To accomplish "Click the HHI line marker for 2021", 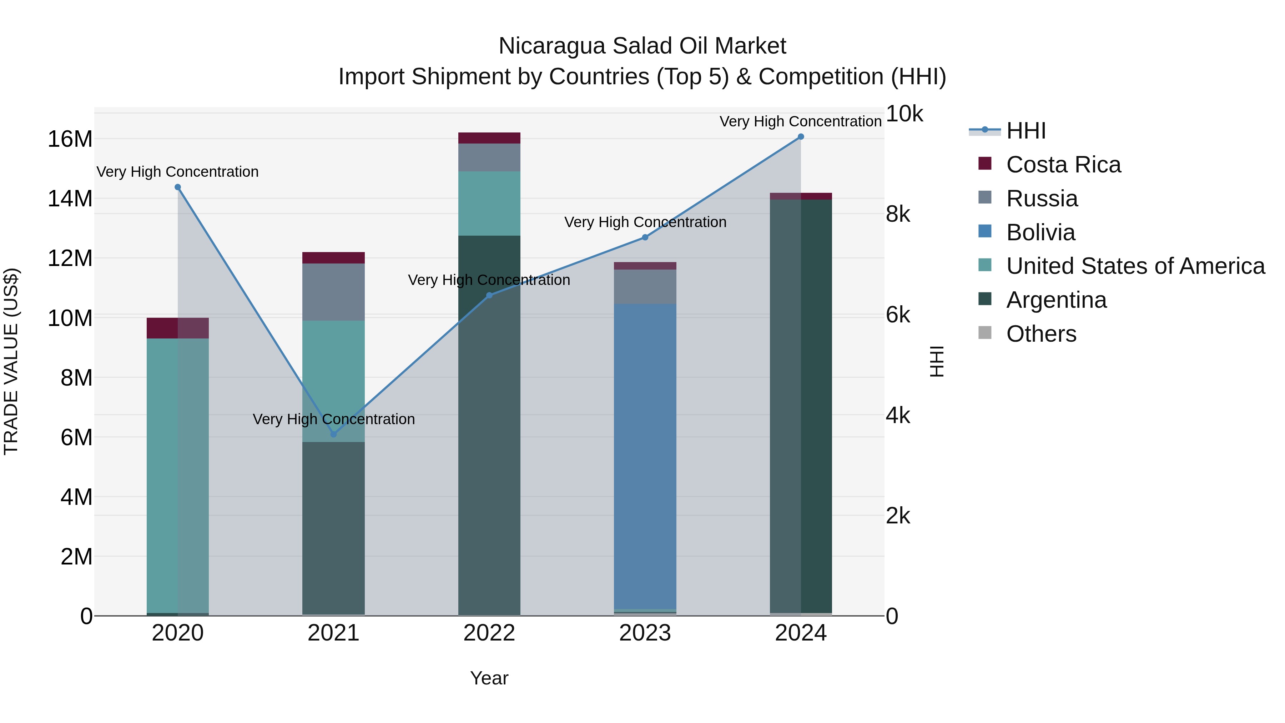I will [334, 434].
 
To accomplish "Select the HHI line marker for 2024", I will [801, 137].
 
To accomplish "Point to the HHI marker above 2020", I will [178, 187].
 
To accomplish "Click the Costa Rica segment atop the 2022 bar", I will [489, 138].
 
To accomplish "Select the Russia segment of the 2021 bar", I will [333, 292].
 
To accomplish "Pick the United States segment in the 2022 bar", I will [489, 203].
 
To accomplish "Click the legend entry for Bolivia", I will [1040, 232].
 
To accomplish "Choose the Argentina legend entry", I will [1056, 300].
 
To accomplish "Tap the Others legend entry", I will [1041, 334].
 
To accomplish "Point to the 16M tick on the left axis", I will [70, 139].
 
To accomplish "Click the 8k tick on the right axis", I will [898, 215].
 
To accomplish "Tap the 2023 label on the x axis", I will [645, 633].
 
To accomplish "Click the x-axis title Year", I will [489, 678].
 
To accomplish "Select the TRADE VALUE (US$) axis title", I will [11, 361].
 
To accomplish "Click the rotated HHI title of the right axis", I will [937, 361].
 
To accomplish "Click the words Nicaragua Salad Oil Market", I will [642, 46].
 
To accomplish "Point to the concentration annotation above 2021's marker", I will [333, 419].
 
